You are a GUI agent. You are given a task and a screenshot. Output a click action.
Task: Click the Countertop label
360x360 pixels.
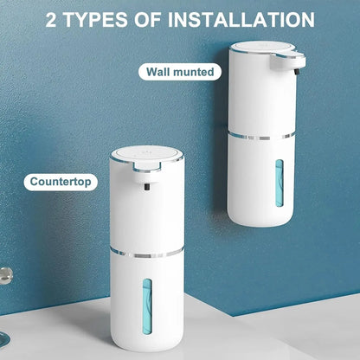60,183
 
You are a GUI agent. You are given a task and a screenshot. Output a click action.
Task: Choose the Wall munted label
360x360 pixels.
179,72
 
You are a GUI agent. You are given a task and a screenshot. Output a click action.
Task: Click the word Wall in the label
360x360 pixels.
158,72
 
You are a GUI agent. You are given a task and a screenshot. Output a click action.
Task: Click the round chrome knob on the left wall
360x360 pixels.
5,275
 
